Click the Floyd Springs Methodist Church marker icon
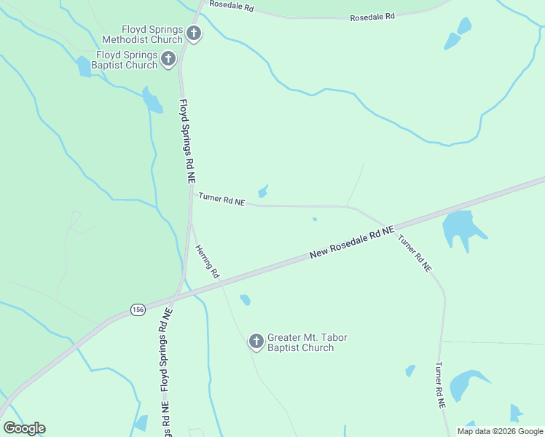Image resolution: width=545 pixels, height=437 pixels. coord(194,33)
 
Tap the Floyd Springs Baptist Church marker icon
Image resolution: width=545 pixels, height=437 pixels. coord(168,58)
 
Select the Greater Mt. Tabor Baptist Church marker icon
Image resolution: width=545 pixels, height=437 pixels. coord(256,341)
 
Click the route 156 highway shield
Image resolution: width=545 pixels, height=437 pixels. coord(138,310)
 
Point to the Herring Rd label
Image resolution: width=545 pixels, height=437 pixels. coord(207,261)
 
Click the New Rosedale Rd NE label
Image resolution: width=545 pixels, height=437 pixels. coord(352,243)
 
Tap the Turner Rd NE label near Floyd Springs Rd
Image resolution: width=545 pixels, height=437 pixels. coord(221,199)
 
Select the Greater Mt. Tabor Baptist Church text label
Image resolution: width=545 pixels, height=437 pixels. coord(307,342)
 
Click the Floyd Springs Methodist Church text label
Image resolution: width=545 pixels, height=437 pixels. coord(142,34)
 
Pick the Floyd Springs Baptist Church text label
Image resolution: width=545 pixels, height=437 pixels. coord(128,60)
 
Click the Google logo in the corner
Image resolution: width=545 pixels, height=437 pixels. coord(24,428)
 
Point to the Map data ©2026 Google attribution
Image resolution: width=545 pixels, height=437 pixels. coord(499,431)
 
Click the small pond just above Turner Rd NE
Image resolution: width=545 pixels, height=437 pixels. coord(263,191)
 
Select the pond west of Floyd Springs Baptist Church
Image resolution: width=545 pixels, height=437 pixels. coord(84,67)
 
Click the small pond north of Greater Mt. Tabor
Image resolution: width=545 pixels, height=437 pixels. coord(245,299)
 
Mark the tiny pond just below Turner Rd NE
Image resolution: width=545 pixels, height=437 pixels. coord(315,219)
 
